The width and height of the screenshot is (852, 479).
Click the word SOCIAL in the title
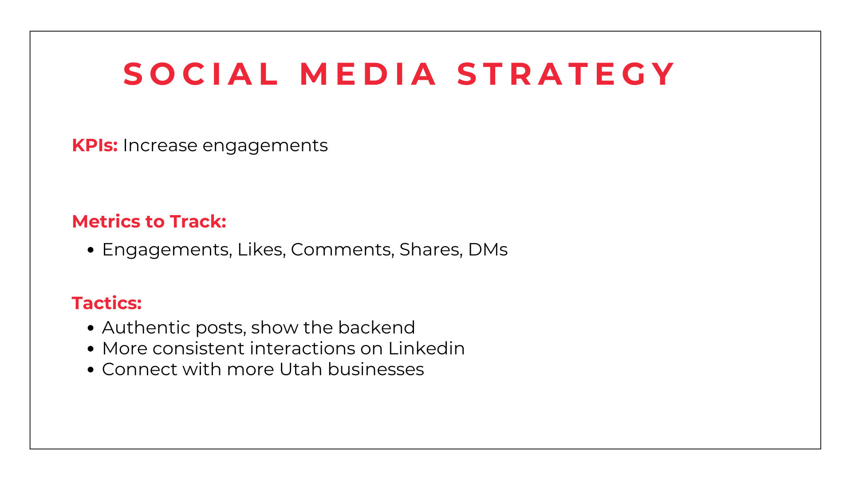coord(201,74)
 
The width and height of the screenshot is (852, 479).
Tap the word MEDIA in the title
coord(368,74)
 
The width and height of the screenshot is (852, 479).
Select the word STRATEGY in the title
coord(566,74)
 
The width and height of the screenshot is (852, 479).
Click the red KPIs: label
coord(95,145)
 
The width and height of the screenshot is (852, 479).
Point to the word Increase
coord(160,145)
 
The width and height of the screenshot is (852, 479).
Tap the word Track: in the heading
coord(198,221)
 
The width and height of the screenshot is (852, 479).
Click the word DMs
coord(488,250)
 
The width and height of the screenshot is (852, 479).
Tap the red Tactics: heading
coord(106,303)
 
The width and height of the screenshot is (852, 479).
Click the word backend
coord(376,328)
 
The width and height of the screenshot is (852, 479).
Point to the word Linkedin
coord(426,349)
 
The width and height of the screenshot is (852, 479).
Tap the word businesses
coord(376,369)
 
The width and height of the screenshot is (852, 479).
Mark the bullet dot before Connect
coord(91,370)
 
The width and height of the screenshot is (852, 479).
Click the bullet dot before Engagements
coord(91,250)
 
